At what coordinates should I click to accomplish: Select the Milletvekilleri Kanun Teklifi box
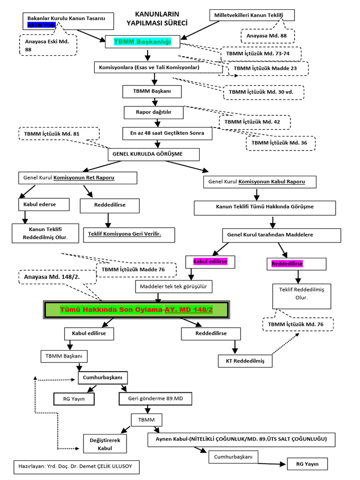point(252,15)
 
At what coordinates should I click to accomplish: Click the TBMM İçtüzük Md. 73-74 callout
point(260,54)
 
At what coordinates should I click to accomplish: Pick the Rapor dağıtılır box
point(153,112)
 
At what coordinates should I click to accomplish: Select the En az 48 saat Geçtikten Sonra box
point(167,133)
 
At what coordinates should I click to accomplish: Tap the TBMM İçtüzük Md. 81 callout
point(59,134)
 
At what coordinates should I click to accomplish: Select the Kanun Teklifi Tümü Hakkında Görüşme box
point(265,207)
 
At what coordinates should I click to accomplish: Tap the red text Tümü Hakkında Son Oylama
point(111,310)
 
